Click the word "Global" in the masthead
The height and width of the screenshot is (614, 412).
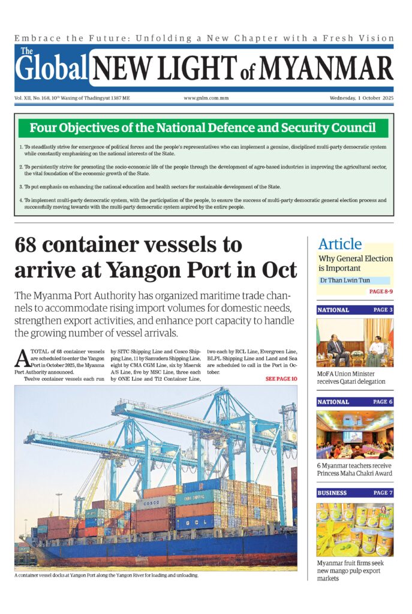52,68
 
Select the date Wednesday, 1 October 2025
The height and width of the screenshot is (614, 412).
361,98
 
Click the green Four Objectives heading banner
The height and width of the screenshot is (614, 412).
203,128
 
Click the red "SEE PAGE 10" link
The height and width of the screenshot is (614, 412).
281,379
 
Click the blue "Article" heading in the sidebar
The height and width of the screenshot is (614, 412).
340,244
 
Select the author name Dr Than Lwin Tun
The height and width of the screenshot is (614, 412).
344,280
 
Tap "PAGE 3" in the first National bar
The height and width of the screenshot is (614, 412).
383,310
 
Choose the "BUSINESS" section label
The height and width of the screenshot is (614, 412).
333,493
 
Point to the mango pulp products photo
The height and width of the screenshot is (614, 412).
355,529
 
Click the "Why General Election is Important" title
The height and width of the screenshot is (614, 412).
355,263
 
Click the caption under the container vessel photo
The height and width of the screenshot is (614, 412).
106,576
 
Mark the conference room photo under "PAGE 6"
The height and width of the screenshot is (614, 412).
355,435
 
